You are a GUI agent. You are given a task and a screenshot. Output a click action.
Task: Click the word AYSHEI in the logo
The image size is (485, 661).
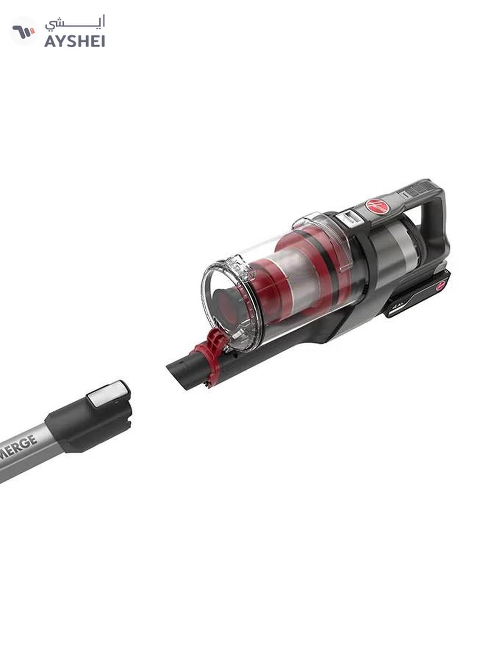[x=75, y=41]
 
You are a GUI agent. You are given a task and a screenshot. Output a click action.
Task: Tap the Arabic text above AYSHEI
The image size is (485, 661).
[x=75, y=23]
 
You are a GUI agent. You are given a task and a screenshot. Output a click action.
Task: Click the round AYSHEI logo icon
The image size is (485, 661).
[x=23, y=31]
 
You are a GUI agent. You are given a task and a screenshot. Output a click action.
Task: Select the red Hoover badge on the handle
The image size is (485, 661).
[x=377, y=206]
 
